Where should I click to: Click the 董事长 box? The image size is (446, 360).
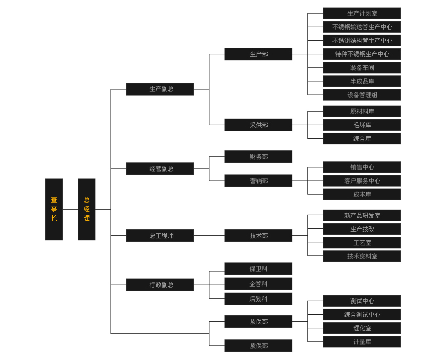pos(54,209)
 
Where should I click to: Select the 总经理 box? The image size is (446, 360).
pos(86,209)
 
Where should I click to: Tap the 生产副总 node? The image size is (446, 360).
pos(160,89)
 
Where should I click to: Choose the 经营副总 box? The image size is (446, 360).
pos(160,168)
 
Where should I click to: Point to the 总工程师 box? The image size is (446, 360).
pos(160,235)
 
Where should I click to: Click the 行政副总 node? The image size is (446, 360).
pos(160,285)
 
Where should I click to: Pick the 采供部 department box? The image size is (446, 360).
pos(258,125)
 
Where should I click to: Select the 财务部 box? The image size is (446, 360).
pos(258,156)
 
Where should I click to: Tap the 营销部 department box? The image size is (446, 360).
pos(258,181)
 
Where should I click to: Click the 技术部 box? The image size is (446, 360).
pos(258,235)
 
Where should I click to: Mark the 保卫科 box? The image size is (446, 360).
pos(258,268)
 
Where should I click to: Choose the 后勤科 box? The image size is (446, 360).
pos(258,299)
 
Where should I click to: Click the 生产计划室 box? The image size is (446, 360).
pos(362,13)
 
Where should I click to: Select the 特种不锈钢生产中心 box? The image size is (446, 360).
pos(362,54)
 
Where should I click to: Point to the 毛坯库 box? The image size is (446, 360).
pos(362,125)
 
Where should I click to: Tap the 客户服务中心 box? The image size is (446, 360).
pos(362,181)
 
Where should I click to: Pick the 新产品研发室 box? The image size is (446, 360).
pos(362,215)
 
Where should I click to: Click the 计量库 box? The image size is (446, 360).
pos(362,341)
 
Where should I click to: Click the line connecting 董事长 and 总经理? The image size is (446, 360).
pos(70,209)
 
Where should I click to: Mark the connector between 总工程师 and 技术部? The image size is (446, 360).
pos(209,235)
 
